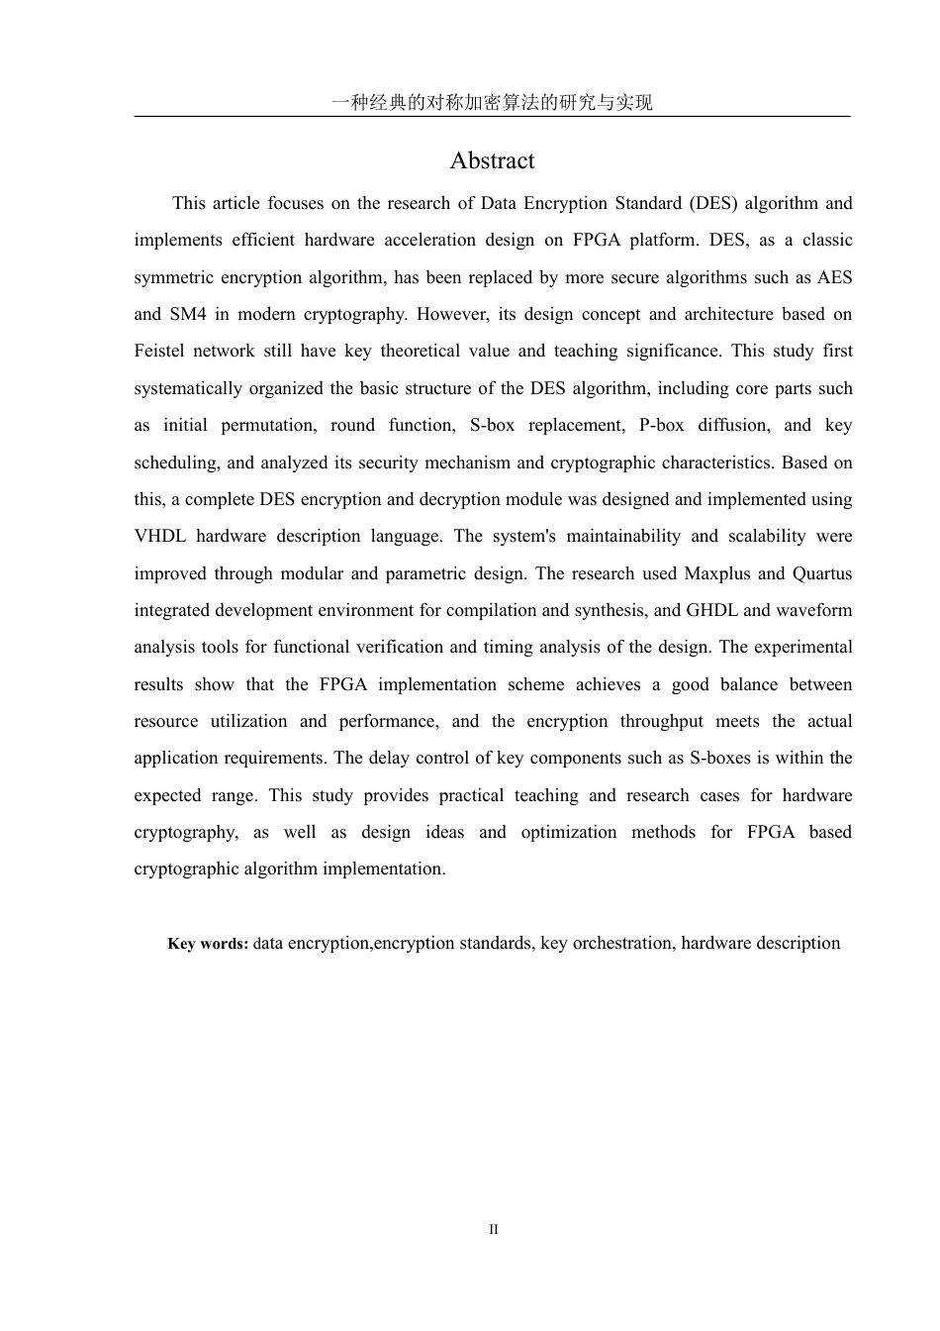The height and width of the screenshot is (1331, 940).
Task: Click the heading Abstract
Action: [x=492, y=160]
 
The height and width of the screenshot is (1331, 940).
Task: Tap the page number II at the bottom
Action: [x=493, y=1230]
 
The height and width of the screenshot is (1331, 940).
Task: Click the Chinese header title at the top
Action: [x=492, y=103]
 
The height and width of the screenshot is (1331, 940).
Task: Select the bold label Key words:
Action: [x=208, y=944]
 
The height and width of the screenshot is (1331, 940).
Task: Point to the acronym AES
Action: [x=834, y=277]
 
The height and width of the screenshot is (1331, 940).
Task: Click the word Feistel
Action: [x=159, y=351]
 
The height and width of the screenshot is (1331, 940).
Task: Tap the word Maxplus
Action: [x=718, y=573]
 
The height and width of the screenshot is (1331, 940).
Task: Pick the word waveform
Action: [x=813, y=610]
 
